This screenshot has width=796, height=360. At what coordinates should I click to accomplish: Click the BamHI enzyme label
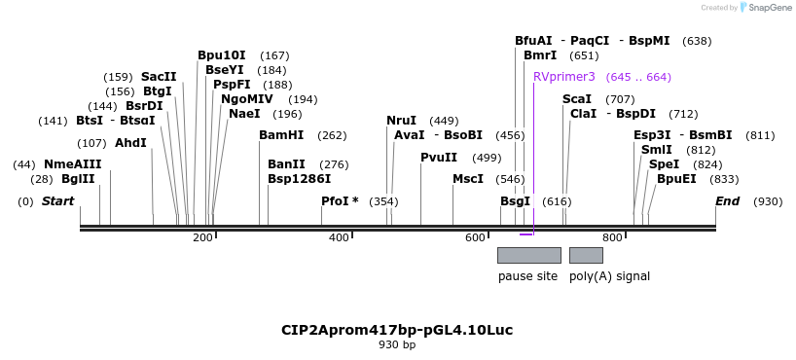[281, 135]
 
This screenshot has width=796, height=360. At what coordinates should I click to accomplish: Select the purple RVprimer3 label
[563, 77]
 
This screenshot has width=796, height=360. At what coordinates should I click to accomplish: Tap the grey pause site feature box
[528, 255]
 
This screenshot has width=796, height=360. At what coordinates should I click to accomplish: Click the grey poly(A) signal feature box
[586, 255]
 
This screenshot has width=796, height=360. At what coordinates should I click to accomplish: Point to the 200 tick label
[202, 238]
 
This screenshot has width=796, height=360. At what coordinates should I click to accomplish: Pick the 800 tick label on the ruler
[612, 238]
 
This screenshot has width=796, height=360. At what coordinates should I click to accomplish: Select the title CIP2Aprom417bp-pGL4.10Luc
[397, 330]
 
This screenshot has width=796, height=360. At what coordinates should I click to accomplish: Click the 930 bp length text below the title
[397, 344]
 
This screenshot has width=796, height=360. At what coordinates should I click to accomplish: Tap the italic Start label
[57, 201]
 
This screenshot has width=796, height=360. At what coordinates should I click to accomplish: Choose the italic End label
[727, 201]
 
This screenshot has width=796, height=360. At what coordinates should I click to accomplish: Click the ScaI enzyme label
[577, 99]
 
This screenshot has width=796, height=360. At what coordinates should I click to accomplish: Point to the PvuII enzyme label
[439, 158]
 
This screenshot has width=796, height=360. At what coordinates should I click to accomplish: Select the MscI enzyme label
[468, 179]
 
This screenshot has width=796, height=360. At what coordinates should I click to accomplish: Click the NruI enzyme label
[401, 121]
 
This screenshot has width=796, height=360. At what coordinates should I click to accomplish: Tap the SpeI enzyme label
[664, 164]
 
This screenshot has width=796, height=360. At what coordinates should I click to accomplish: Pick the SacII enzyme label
[159, 77]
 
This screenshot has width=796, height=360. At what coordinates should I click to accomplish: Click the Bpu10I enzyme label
[221, 55]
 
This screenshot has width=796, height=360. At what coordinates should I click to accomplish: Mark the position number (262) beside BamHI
[332, 136]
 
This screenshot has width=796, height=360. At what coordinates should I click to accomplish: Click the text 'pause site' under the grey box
[527, 276]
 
